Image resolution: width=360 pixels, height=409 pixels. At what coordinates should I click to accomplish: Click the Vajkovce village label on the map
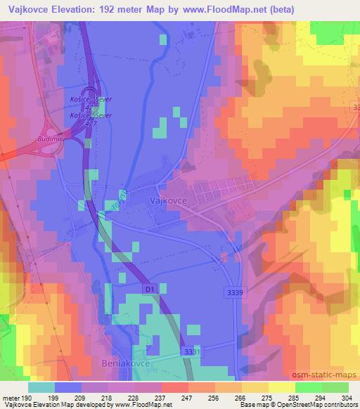[167, 200]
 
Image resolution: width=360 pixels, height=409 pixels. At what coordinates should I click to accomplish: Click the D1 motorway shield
[148, 288]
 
